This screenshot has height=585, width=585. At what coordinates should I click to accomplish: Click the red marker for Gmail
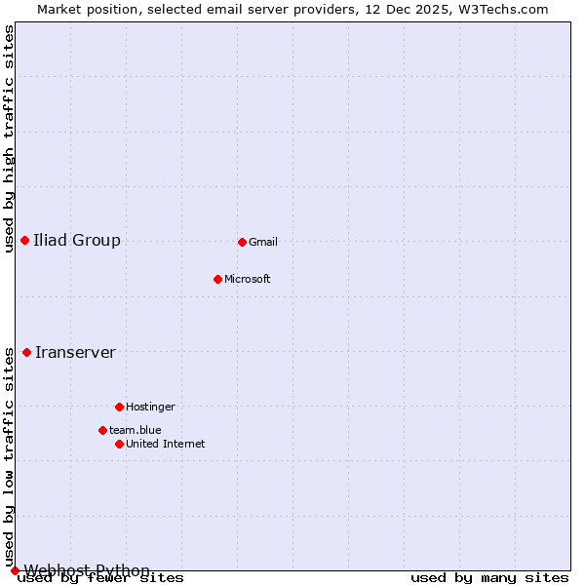click(x=242, y=242)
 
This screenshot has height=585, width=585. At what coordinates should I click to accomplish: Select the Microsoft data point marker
click(x=217, y=279)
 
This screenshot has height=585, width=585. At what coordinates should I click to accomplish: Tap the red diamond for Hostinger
click(x=119, y=407)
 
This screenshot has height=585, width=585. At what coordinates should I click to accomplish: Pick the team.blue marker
click(x=102, y=430)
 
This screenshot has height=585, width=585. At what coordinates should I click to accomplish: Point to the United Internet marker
click(x=119, y=444)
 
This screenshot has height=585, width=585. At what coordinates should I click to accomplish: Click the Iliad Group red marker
click(x=24, y=240)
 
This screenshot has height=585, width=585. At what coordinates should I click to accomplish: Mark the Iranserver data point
click(x=26, y=352)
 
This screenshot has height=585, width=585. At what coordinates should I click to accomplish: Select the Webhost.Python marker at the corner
click(x=15, y=570)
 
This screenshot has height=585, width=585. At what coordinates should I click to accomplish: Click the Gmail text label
click(x=263, y=242)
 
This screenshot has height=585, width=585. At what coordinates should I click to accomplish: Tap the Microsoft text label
click(x=248, y=279)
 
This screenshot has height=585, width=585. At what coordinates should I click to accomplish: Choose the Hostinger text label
click(x=150, y=407)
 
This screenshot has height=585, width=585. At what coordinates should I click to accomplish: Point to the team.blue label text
click(x=136, y=430)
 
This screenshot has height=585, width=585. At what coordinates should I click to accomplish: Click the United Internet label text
click(x=166, y=444)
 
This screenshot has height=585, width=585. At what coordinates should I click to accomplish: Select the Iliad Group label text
click(x=77, y=240)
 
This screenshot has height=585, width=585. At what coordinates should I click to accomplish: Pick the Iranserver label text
click(x=75, y=352)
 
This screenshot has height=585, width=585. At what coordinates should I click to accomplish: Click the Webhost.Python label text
click(x=87, y=570)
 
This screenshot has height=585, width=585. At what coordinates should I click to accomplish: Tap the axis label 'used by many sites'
click(x=489, y=578)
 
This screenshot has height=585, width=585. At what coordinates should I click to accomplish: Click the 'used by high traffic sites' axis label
click(x=9, y=138)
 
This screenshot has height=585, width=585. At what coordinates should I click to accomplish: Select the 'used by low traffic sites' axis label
click(x=9, y=457)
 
